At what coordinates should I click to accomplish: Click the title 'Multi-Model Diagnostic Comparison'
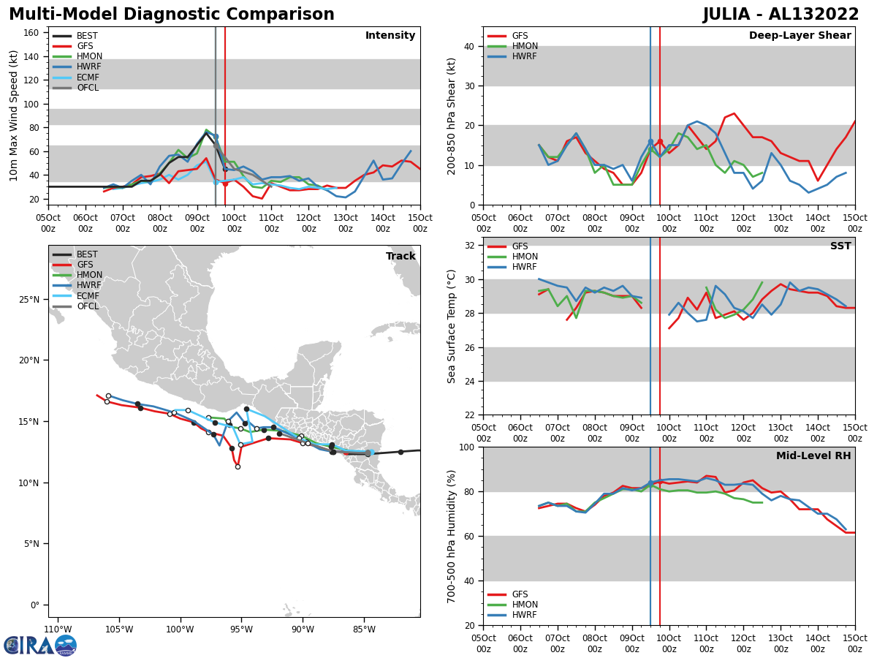pos(171,15)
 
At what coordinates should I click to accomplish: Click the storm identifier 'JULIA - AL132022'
pos(781,15)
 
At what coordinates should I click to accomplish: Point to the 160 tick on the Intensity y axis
pos(34,32)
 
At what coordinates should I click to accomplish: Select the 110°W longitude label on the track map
pos(58,629)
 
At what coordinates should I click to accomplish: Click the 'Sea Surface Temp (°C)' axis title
pos(452,326)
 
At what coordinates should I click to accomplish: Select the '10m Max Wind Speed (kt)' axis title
pos(13,116)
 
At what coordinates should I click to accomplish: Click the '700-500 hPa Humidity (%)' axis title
pos(452,537)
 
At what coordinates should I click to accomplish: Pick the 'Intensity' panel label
pos(390,36)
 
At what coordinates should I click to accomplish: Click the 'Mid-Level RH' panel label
pos(813,456)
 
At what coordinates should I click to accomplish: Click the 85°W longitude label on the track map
pos(364,629)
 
